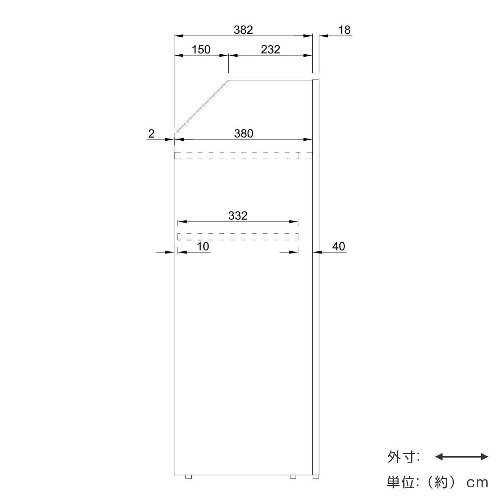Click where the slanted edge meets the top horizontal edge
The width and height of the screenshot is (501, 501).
228,80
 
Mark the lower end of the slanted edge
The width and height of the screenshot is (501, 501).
174,134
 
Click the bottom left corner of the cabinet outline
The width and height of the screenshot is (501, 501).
174,475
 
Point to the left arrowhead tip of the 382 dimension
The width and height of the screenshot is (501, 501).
175,36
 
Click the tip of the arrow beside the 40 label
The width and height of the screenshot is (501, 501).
313,252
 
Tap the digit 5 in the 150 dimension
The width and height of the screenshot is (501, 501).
201,50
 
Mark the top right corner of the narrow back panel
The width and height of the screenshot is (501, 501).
319,80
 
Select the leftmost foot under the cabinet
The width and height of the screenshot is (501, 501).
188,477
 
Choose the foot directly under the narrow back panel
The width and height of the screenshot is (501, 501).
316,477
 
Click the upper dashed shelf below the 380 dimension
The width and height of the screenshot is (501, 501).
243,155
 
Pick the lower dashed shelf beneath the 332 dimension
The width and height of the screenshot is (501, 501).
238,237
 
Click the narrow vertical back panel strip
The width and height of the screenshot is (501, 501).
316,277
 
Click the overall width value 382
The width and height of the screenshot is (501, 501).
243,30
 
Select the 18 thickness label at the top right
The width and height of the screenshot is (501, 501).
344,30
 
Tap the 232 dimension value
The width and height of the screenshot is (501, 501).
271,50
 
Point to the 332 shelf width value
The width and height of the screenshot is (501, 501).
238,215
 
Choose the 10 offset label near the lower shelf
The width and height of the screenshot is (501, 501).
203,246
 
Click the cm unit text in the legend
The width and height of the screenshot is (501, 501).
478,483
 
